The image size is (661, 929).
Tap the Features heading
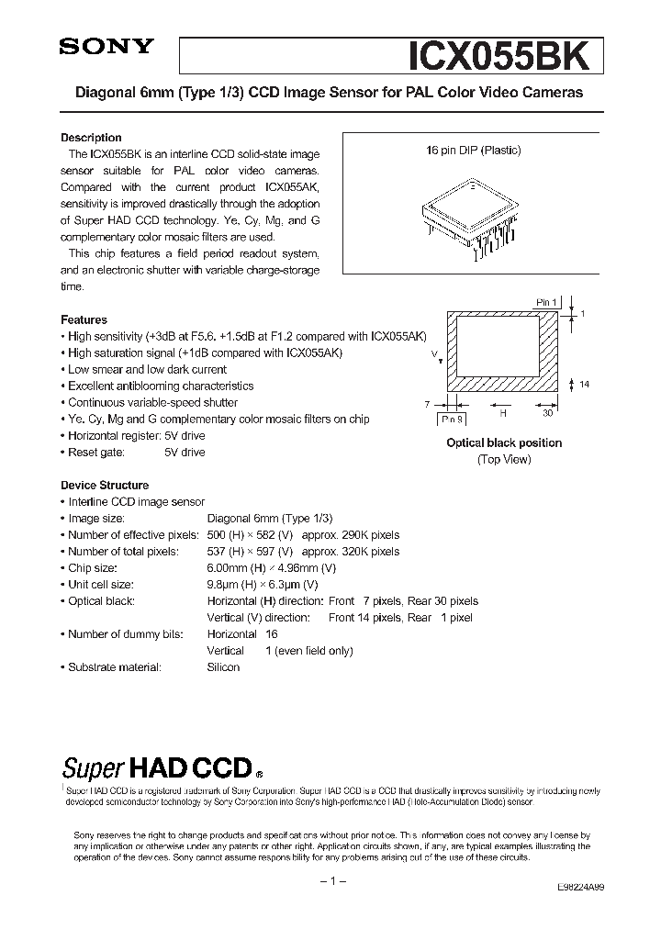84,320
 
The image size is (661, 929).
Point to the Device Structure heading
104,486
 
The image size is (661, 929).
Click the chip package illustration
471,217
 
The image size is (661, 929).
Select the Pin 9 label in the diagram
452,418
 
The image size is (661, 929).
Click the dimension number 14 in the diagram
584,384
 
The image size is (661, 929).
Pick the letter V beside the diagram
433,353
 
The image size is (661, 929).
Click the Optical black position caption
503,442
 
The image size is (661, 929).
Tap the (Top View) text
504,459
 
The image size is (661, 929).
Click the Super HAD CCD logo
161,768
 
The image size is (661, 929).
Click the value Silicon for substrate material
223,667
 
